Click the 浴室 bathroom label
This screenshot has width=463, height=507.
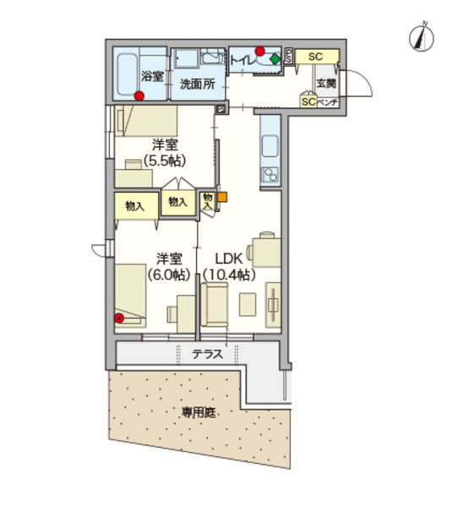tap(151, 74)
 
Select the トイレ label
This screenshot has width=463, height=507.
tap(242, 61)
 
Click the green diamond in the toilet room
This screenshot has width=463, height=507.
tap(275, 60)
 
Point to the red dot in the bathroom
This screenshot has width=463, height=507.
tap(139, 96)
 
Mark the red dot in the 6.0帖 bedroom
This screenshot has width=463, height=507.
tap(120, 319)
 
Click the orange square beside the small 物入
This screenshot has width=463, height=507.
tap(222, 198)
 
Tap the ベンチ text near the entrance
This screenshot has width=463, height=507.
tap(328, 102)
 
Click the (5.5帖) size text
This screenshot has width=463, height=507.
tap(166, 161)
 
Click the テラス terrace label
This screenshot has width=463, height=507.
tap(207, 355)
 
